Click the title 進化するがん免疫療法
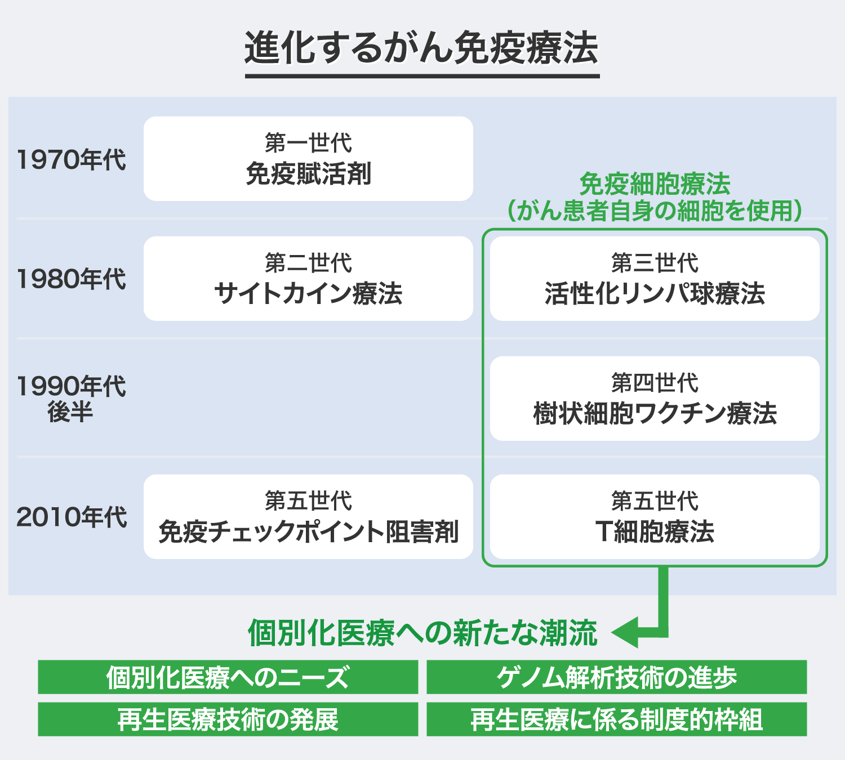(x=421, y=47)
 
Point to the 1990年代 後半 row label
(x=71, y=399)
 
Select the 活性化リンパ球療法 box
(x=655, y=279)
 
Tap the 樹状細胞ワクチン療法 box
(x=655, y=399)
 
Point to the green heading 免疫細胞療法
(x=655, y=184)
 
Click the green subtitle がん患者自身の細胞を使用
(x=655, y=211)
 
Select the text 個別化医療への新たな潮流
(x=422, y=633)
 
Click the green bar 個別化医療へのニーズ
(x=228, y=677)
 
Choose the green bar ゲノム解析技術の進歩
(x=616, y=677)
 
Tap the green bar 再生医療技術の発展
(x=228, y=719)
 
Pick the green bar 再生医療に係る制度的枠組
(x=616, y=719)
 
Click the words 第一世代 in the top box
(x=308, y=143)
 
